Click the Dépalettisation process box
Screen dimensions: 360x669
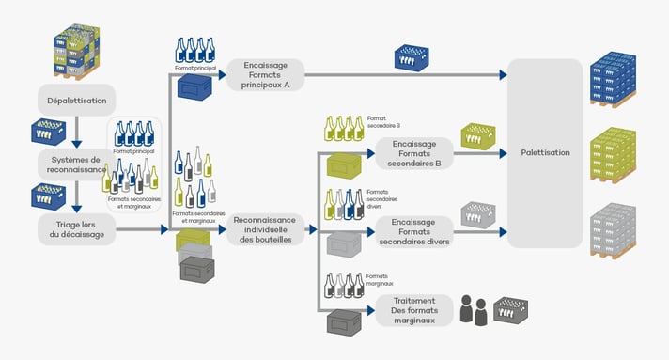77,99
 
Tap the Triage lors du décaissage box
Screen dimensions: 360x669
76,228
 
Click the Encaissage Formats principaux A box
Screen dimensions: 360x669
265,74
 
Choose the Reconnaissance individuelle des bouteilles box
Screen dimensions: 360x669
265,229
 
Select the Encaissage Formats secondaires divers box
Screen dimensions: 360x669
414,230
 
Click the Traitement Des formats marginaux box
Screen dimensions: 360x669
414,309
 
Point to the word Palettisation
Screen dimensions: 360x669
545,153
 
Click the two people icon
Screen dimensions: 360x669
474,310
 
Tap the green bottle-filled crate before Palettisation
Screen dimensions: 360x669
478,137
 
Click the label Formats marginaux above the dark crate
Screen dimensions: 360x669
381,280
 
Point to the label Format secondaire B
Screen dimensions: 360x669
383,120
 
